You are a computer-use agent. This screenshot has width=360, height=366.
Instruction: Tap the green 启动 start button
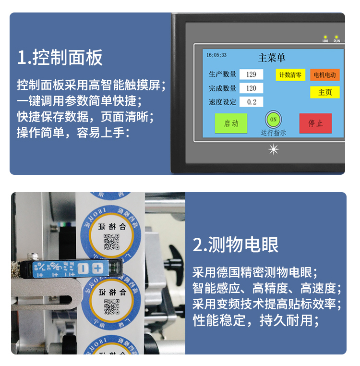click(231, 123)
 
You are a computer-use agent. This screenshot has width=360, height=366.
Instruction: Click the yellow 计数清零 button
click(290, 75)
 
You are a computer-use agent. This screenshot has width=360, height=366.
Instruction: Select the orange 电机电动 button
click(324, 75)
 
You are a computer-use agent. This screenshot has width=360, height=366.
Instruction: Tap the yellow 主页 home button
click(324, 92)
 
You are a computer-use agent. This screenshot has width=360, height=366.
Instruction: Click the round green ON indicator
click(273, 119)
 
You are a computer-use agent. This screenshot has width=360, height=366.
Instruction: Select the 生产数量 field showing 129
click(251, 74)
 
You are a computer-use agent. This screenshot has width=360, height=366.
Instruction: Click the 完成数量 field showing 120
click(251, 88)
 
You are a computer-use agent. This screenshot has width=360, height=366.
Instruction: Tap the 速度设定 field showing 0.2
click(251, 102)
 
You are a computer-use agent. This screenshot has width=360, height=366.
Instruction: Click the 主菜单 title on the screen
click(272, 58)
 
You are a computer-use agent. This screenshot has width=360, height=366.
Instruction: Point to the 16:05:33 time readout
click(217, 55)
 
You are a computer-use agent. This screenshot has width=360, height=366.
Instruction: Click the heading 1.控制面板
click(60, 58)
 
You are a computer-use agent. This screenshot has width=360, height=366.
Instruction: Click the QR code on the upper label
click(111, 242)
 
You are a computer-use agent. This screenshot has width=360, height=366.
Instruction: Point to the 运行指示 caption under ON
click(273, 133)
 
